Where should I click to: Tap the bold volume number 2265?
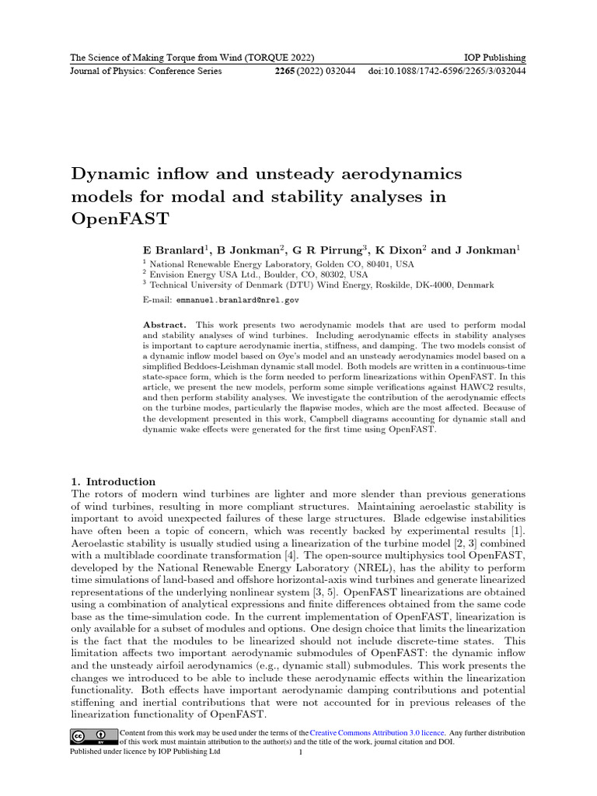290,72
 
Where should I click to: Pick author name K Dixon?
399,250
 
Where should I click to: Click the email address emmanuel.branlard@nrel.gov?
238,299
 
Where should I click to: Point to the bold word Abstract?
165,324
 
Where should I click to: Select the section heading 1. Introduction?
113,482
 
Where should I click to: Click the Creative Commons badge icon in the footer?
92,736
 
